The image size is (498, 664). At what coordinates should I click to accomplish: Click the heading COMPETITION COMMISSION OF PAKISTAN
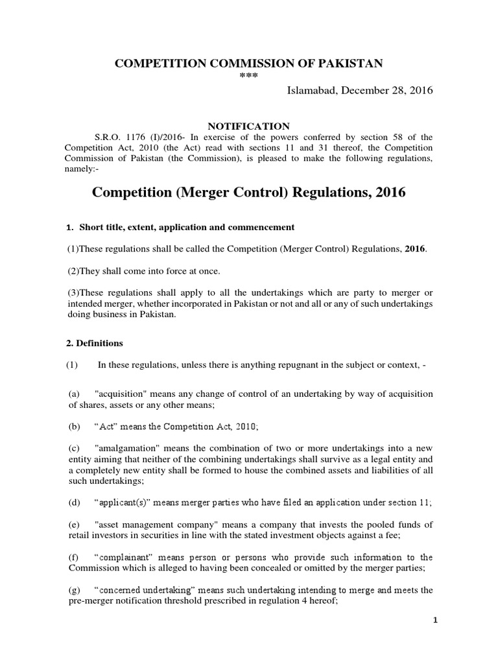coord(249,63)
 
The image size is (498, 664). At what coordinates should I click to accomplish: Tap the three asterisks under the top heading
coord(249,76)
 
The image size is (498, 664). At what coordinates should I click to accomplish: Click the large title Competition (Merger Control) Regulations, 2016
coord(249,193)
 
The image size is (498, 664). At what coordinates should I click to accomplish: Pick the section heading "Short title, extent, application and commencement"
coord(187,228)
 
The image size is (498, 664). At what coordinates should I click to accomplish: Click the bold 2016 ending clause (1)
coord(414,250)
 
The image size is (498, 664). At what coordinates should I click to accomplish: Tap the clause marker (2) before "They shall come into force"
coord(73,270)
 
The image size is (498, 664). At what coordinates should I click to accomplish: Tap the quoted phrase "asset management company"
coord(161,524)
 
